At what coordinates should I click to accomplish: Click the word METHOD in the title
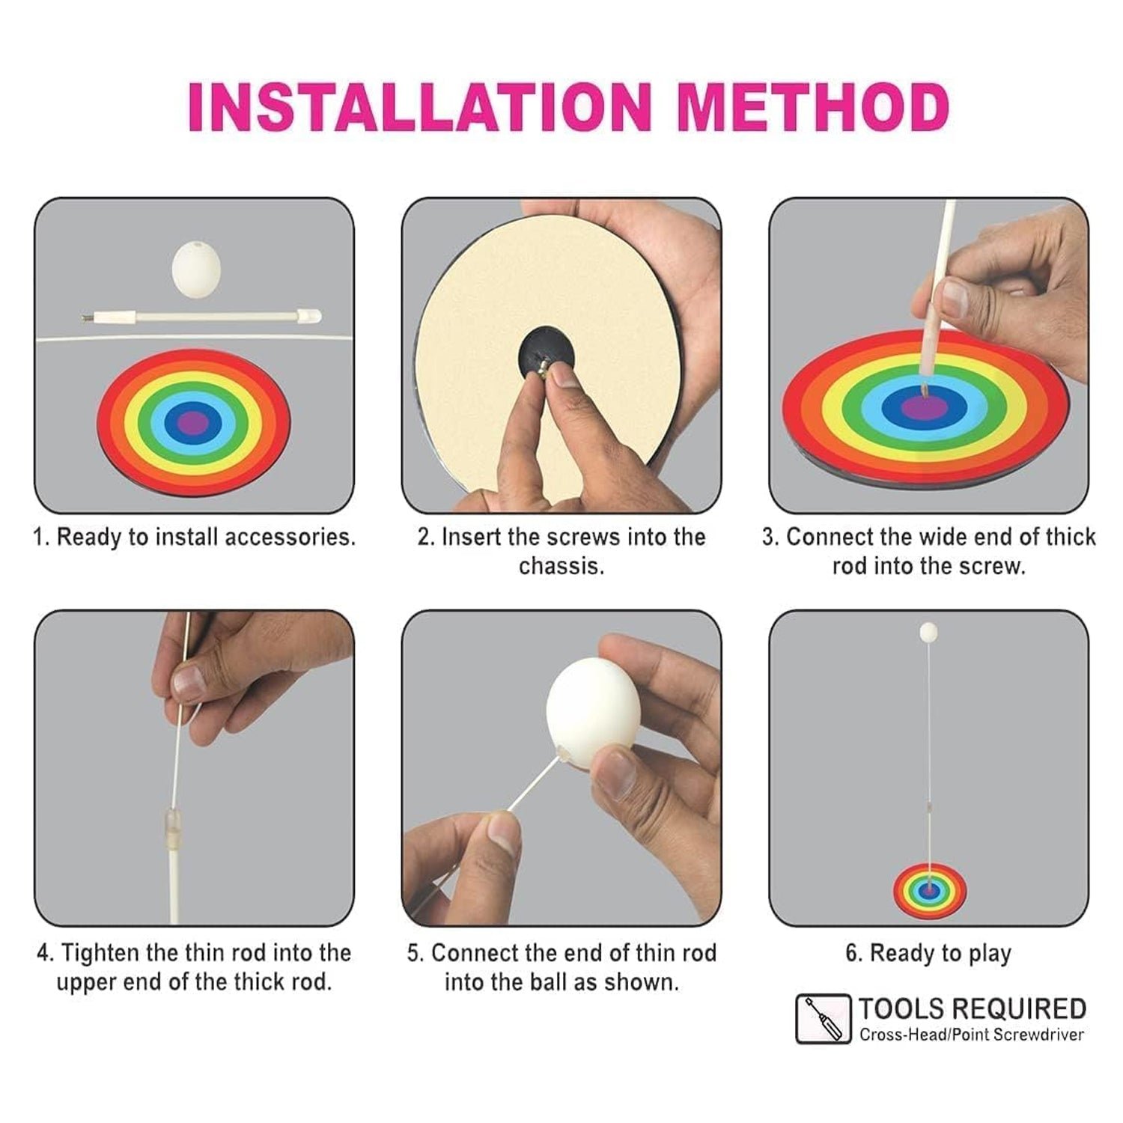pyautogui.click(x=813, y=107)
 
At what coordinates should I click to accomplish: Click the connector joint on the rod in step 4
pyautogui.click(x=171, y=830)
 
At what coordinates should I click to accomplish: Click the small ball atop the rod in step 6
pyautogui.click(x=928, y=633)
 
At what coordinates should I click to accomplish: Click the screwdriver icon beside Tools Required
pyautogui.click(x=823, y=1019)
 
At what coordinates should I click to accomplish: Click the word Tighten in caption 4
pyautogui.click(x=100, y=953)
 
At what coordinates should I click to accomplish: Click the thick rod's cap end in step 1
pyautogui.click(x=309, y=317)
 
